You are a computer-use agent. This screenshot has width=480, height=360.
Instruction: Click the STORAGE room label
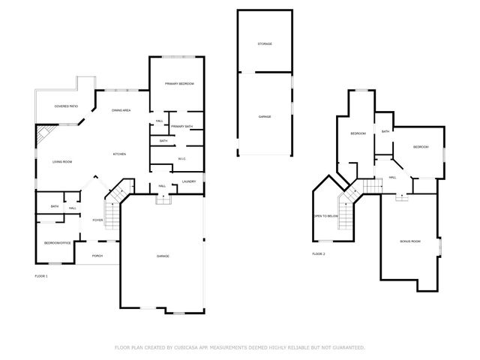coord(265,44)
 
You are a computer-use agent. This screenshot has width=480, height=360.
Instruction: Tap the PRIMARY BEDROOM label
coord(180,83)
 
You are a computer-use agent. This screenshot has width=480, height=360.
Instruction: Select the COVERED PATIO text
coord(66,106)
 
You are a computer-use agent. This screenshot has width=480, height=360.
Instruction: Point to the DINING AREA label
coord(121,110)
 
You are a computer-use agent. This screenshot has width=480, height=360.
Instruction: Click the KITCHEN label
coord(119,154)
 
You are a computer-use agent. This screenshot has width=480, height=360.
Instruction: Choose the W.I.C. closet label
coord(181,158)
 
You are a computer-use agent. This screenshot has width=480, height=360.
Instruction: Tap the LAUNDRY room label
coord(189,181)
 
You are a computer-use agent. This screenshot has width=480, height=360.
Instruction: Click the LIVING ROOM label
coord(61,162)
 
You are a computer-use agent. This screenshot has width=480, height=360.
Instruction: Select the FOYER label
coord(97,220)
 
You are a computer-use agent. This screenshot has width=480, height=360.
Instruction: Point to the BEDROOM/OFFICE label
coord(56,243)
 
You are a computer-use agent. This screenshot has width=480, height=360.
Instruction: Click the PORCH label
coord(97,256)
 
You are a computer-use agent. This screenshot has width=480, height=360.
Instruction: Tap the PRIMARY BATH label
coord(181,126)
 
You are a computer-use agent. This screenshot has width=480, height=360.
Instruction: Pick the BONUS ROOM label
coord(410,241)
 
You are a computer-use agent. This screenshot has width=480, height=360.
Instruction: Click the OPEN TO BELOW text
coord(326,215)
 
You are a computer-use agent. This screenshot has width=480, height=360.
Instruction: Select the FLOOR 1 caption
coord(41,277)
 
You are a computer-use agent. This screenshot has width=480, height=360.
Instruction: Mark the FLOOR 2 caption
coord(319,254)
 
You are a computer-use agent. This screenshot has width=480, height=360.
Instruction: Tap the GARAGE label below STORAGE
coord(265,116)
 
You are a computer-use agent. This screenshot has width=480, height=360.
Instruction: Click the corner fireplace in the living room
coord(44,135)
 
